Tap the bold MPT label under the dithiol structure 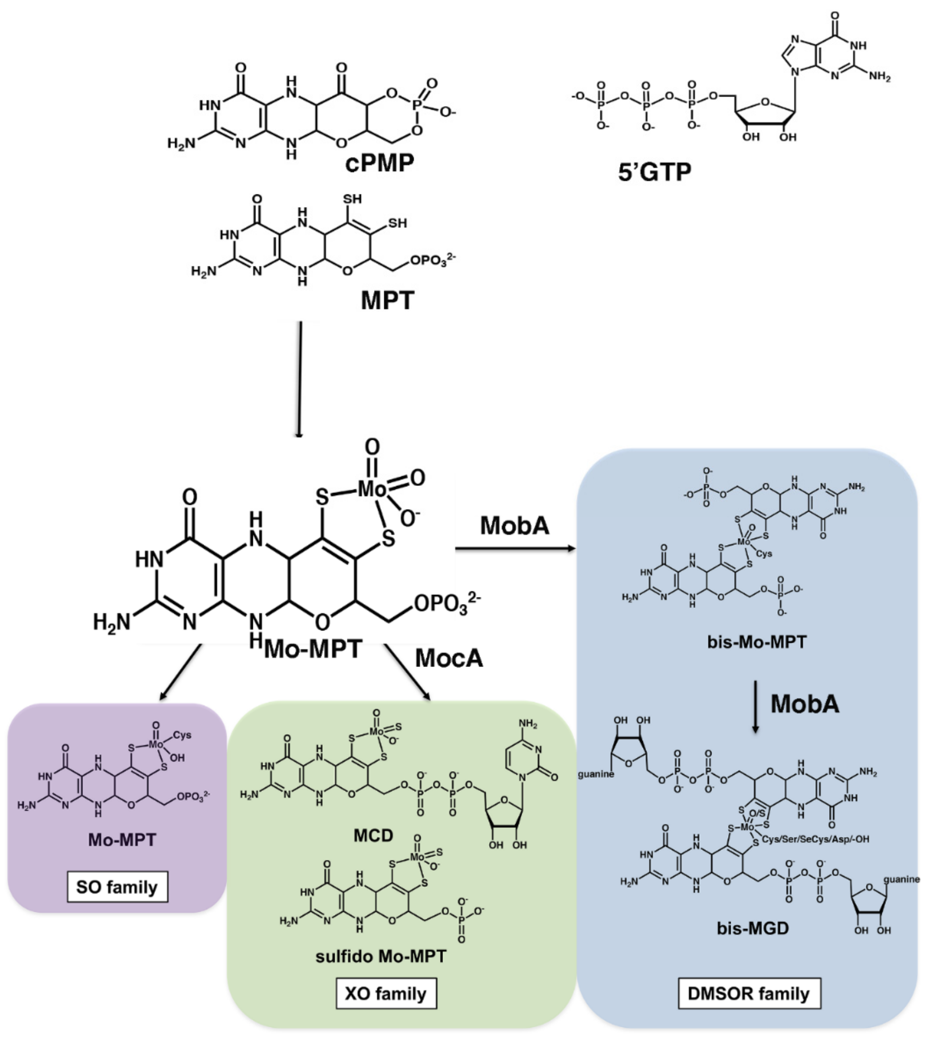(387, 300)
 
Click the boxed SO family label (117, 887)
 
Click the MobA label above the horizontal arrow (515, 526)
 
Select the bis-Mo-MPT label (757, 641)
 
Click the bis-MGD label (753, 928)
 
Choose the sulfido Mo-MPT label (381, 956)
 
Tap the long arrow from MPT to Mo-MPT (300, 380)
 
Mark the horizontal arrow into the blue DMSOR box (515, 549)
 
